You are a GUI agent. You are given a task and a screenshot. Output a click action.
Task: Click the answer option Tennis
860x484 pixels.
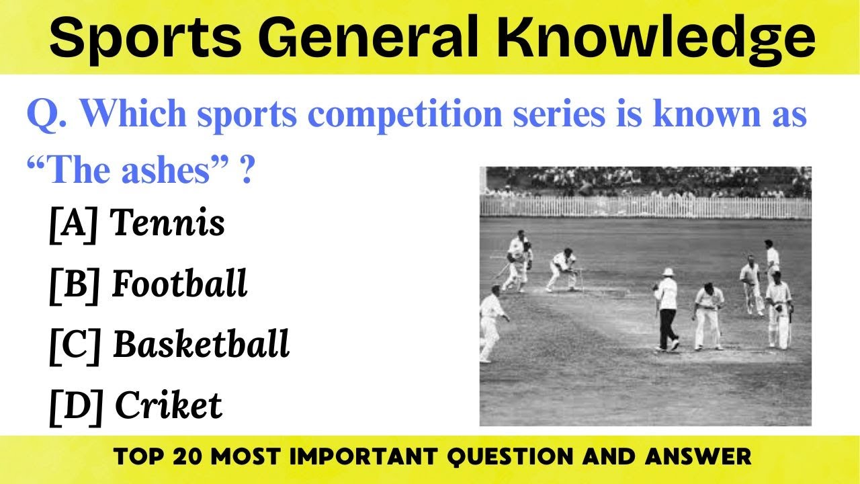tap(167, 223)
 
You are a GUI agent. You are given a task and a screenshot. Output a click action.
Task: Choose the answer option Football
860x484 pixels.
tap(179, 284)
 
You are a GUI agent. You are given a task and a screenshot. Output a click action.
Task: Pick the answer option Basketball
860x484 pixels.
tap(201, 344)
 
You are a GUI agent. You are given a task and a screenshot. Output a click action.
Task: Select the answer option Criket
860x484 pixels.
tap(168, 405)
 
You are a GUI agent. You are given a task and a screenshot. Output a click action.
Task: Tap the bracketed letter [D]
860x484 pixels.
tap(75, 405)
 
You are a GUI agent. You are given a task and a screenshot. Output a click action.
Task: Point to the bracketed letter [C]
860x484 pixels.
tap(75, 345)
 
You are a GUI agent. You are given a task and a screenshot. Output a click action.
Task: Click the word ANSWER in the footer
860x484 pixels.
tap(699, 458)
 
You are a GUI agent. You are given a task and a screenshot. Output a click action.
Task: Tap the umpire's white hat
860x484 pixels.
tap(667, 272)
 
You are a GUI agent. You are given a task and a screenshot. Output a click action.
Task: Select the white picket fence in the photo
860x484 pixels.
tap(645, 206)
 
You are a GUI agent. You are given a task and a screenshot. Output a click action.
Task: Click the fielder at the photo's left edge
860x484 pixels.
tap(491, 323)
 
